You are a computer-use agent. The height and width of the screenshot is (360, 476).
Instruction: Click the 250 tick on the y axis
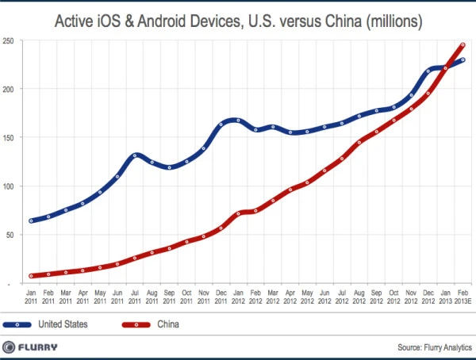coord(10,40)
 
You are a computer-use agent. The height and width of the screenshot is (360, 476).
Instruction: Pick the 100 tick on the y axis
coord(10,186)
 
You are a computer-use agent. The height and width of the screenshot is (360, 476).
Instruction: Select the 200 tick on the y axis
coord(10,89)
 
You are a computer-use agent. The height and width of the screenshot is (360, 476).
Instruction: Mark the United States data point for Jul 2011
coord(136,155)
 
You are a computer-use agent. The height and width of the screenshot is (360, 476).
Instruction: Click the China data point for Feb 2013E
coord(463,45)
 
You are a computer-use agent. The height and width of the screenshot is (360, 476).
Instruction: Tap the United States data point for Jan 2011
coord(31,220)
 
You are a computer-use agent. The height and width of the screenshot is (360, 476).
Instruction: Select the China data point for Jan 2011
coord(31,276)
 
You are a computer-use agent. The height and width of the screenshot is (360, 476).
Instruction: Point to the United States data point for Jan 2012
coord(239,121)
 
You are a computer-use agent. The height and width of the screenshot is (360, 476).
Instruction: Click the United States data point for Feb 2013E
coord(463,60)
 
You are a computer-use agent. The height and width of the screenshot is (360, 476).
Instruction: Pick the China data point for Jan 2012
coord(239,213)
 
